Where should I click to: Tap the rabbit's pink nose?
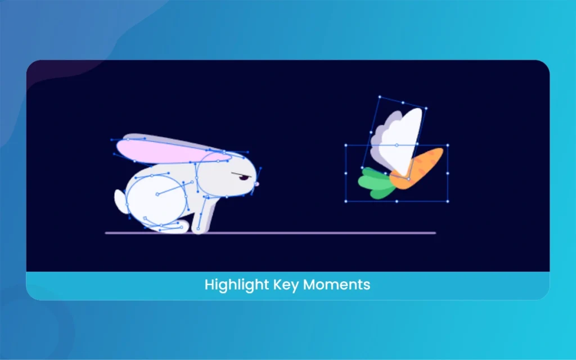coord(256,184)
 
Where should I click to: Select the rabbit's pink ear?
coord(173,151)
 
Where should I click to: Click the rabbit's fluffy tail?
coord(120,201)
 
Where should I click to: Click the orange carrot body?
coord(417,168)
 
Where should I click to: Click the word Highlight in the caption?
coord(237,285)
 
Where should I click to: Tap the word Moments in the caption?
coord(336,285)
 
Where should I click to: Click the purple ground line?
coord(271,233)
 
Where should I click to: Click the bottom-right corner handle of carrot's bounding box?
coord(447,201)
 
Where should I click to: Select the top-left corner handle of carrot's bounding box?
coord(346,146)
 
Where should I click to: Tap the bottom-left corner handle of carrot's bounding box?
coord(346,201)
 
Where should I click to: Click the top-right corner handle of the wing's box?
coord(426,109)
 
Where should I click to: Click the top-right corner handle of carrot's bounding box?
coord(447,146)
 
